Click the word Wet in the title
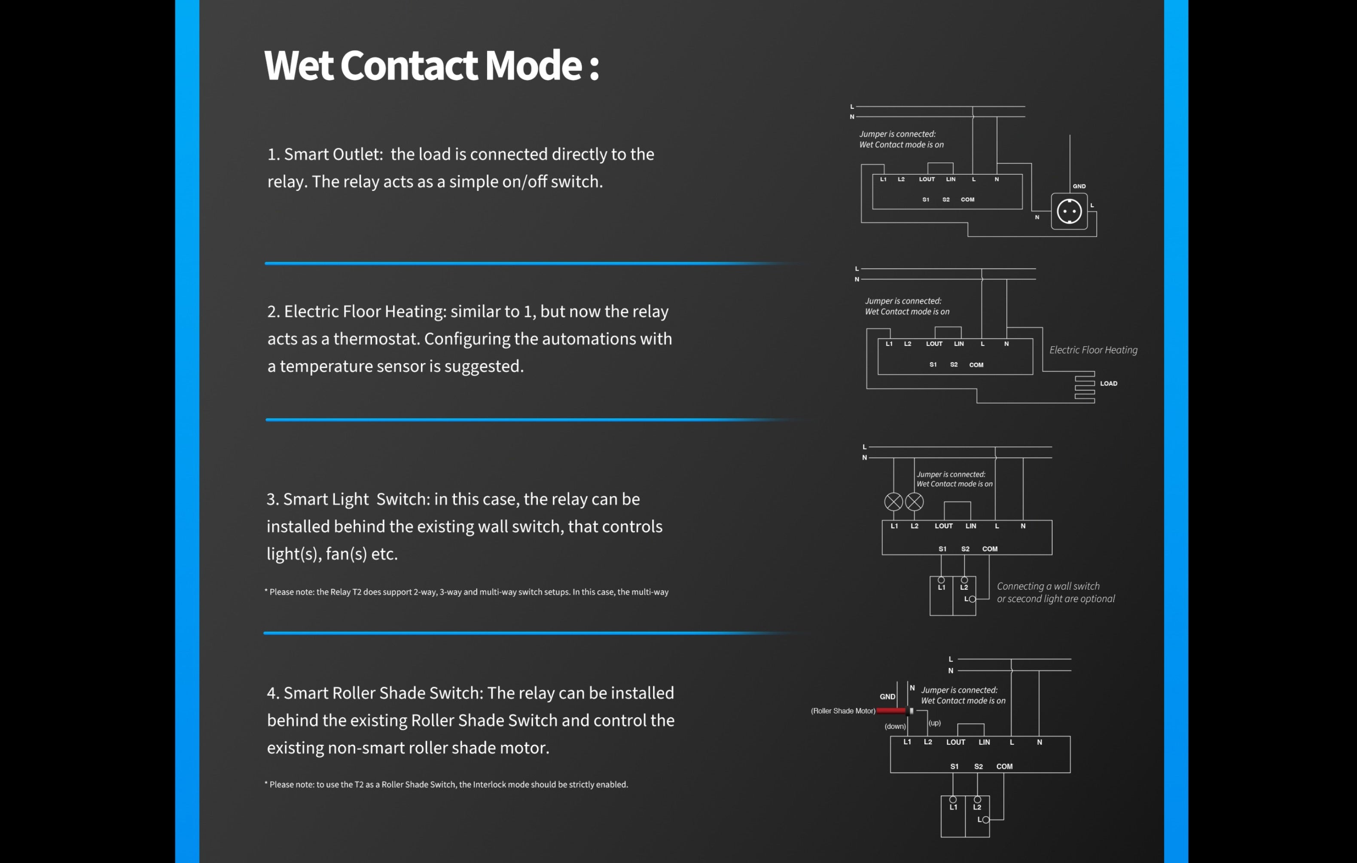click(299, 65)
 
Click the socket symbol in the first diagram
click(1069, 211)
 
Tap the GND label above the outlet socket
click(1079, 186)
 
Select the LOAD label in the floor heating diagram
click(1108, 383)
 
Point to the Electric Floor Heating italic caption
click(1093, 350)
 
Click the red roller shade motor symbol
click(891, 711)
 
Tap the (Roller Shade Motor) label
click(842, 711)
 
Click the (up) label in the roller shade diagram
click(934, 722)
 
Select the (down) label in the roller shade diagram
click(895, 726)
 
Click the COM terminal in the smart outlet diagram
click(967, 199)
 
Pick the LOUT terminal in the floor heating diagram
click(934, 344)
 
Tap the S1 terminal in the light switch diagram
click(942, 548)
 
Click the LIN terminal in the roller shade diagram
click(984, 742)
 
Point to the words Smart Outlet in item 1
click(332, 154)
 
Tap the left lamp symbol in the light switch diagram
click(893, 502)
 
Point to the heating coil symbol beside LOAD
click(1084, 387)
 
